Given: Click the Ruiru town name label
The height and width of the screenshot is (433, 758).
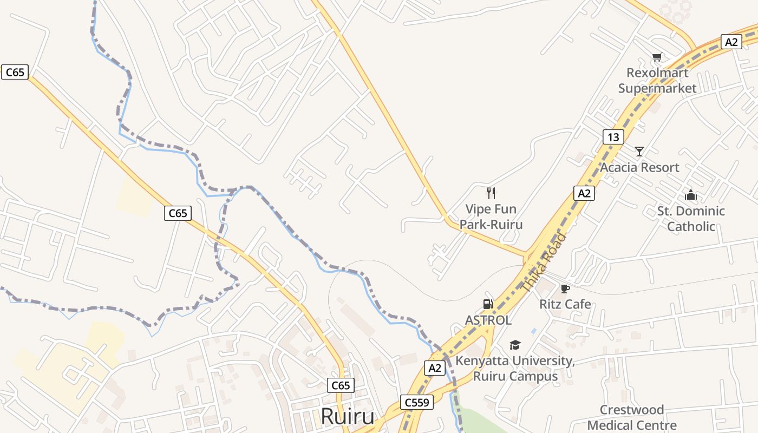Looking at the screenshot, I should [348, 417].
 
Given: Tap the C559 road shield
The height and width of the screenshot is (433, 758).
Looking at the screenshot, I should [417, 402].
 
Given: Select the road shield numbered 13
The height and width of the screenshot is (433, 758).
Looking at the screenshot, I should [613, 136].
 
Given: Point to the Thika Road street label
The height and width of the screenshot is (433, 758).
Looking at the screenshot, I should [544, 263].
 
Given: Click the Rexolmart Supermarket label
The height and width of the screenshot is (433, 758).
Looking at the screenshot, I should [657, 80].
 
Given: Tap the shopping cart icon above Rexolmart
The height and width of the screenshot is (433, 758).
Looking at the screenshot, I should [657, 57].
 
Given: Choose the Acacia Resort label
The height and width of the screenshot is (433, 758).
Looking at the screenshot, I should [639, 167].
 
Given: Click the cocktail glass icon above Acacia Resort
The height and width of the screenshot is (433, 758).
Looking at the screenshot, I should [639, 151].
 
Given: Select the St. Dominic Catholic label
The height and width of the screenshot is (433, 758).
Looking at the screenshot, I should [691, 218].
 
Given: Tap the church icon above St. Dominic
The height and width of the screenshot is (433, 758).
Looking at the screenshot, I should [691, 195].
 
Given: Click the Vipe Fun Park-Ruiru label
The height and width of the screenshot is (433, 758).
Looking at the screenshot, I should [491, 216].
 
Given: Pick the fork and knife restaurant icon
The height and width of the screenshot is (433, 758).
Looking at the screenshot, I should [491, 193].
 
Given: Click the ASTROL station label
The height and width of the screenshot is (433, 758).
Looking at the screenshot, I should [488, 320].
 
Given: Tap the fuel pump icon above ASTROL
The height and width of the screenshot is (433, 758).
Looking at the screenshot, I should [488, 304].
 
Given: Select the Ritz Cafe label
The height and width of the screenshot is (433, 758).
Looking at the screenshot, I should [565, 304].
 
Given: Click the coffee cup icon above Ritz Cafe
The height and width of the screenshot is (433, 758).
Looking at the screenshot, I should [565, 288].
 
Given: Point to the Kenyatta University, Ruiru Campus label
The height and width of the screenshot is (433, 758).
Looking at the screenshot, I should [515, 368].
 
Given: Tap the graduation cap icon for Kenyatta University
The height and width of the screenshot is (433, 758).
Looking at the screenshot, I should [515, 345].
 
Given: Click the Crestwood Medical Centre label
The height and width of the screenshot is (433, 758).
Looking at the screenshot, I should [632, 417].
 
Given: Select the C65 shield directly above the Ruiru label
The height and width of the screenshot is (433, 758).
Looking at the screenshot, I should [341, 385].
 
